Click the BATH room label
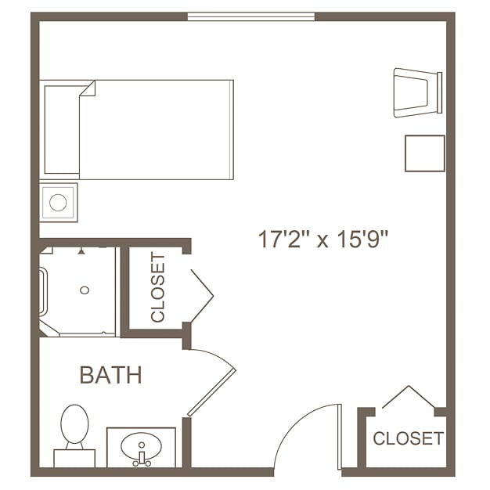point(111,375)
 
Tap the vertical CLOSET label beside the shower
point(157,287)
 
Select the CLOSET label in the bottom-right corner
point(408,438)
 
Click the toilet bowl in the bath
point(74,424)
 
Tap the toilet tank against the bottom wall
point(74,458)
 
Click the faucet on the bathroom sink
point(142,457)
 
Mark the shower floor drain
point(85,290)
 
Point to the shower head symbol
point(81,251)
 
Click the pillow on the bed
point(62,130)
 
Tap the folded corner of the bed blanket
point(88,88)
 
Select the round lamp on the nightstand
point(58,203)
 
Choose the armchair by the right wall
point(418,92)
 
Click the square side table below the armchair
point(425,153)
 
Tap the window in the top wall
point(251,16)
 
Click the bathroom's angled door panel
point(211,392)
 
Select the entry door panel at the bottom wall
point(340,437)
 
